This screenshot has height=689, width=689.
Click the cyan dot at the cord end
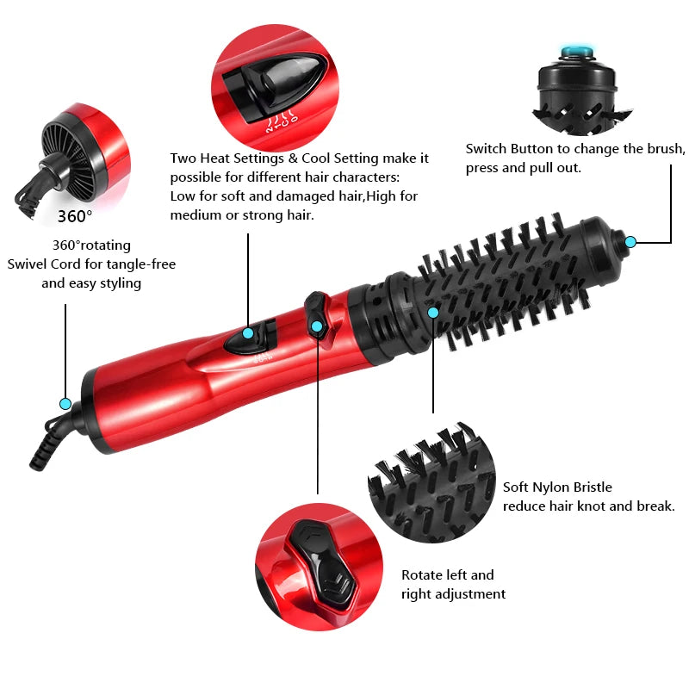coord(65,403)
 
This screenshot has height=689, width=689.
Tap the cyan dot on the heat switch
coord(248,333)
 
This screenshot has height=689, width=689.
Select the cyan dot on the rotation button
coord(317,326)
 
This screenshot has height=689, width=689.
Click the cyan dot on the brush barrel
coord(433,312)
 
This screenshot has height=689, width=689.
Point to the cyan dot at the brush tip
coord(630,242)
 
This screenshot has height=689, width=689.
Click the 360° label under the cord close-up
coord(75,215)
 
